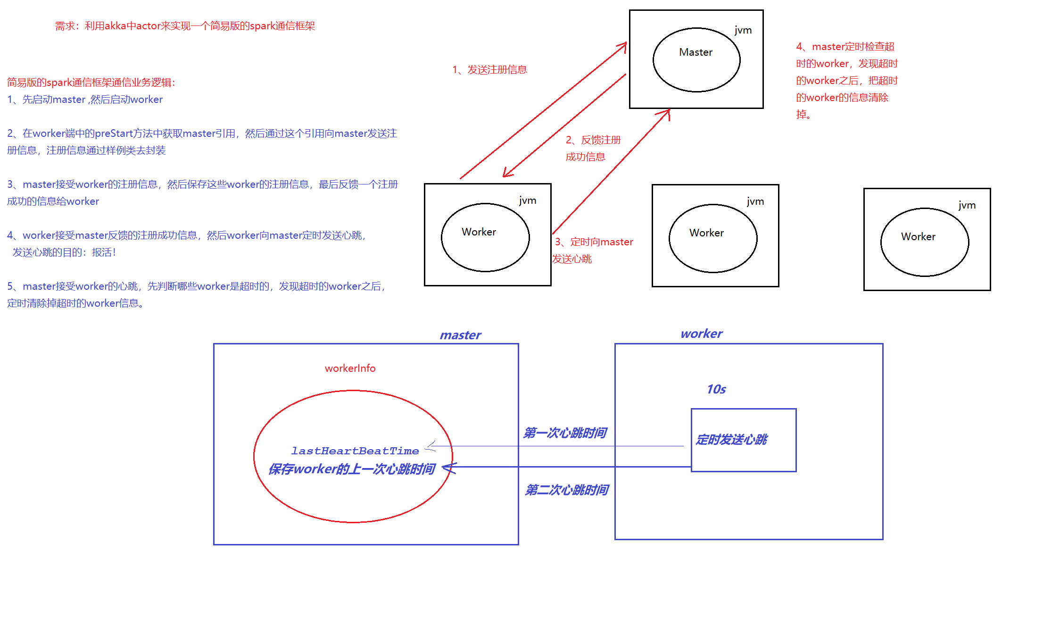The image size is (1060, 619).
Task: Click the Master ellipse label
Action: pyautogui.click(x=696, y=52)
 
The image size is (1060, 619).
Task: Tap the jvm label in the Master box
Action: pyautogui.click(x=743, y=30)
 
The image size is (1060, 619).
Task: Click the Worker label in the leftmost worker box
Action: pyautogui.click(x=479, y=232)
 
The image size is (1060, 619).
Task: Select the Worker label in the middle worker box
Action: pyautogui.click(x=706, y=233)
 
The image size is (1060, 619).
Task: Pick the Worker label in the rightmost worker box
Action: pyautogui.click(x=918, y=237)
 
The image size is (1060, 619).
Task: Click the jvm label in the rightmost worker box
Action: pyautogui.click(x=967, y=205)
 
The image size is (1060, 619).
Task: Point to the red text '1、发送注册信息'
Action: pyautogui.click(x=489, y=70)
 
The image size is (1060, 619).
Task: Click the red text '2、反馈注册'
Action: pyautogui.click(x=593, y=140)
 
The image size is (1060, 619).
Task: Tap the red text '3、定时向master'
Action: pyautogui.click(x=594, y=242)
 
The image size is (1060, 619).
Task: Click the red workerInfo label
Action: pyautogui.click(x=350, y=368)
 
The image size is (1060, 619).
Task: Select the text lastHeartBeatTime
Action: pyautogui.click(x=355, y=451)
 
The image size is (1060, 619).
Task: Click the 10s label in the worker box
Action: pyautogui.click(x=716, y=389)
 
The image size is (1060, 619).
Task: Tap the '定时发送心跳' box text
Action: pyautogui.click(x=732, y=440)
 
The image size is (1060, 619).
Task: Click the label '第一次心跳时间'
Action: pyautogui.click(x=565, y=433)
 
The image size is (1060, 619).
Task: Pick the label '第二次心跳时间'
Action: pyautogui.click(x=567, y=490)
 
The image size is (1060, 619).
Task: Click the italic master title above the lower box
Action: pyautogui.click(x=460, y=335)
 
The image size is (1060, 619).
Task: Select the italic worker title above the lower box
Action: pyautogui.click(x=701, y=334)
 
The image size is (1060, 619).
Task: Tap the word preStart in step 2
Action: pyautogui.click(x=113, y=134)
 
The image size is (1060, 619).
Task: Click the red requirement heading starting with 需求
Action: pyautogui.click(x=185, y=26)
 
